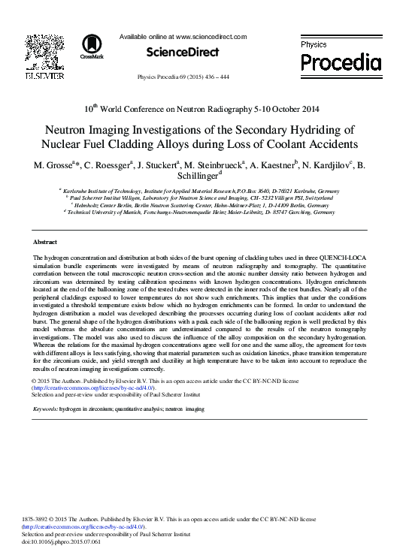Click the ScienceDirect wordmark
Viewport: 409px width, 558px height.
(x=183, y=53)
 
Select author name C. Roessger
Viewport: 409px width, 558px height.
(x=109, y=165)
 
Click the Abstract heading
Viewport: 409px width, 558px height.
(x=46, y=243)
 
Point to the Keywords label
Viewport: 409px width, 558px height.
(x=46, y=409)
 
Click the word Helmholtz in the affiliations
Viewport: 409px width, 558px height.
(x=91, y=206)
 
